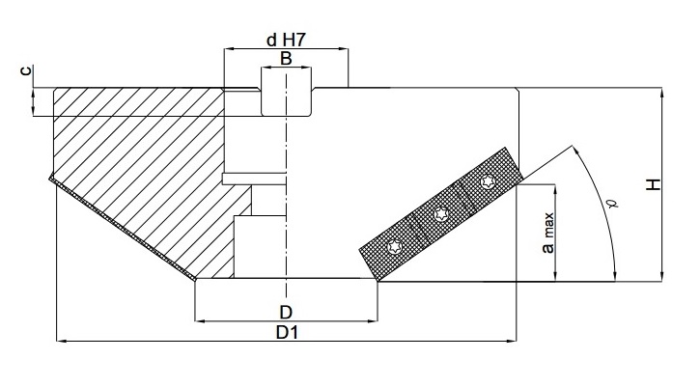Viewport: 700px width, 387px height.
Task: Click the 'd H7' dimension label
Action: [285, 40]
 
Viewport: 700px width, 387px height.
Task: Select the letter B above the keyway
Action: [286, 59]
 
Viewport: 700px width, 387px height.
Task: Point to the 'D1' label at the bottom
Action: [286, 332]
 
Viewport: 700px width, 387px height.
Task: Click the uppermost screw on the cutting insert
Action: [487, 182]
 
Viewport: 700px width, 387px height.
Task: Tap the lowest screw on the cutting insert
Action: [394, 248]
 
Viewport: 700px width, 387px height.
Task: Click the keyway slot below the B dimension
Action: [286, 91]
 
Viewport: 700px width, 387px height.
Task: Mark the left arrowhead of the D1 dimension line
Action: [61, 340]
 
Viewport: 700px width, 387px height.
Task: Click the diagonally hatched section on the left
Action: [135, 164]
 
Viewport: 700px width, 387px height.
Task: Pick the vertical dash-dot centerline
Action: [286, 193]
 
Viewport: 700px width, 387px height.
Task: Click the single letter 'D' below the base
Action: [286, 311]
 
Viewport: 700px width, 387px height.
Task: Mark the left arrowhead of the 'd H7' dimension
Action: [229, 47]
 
